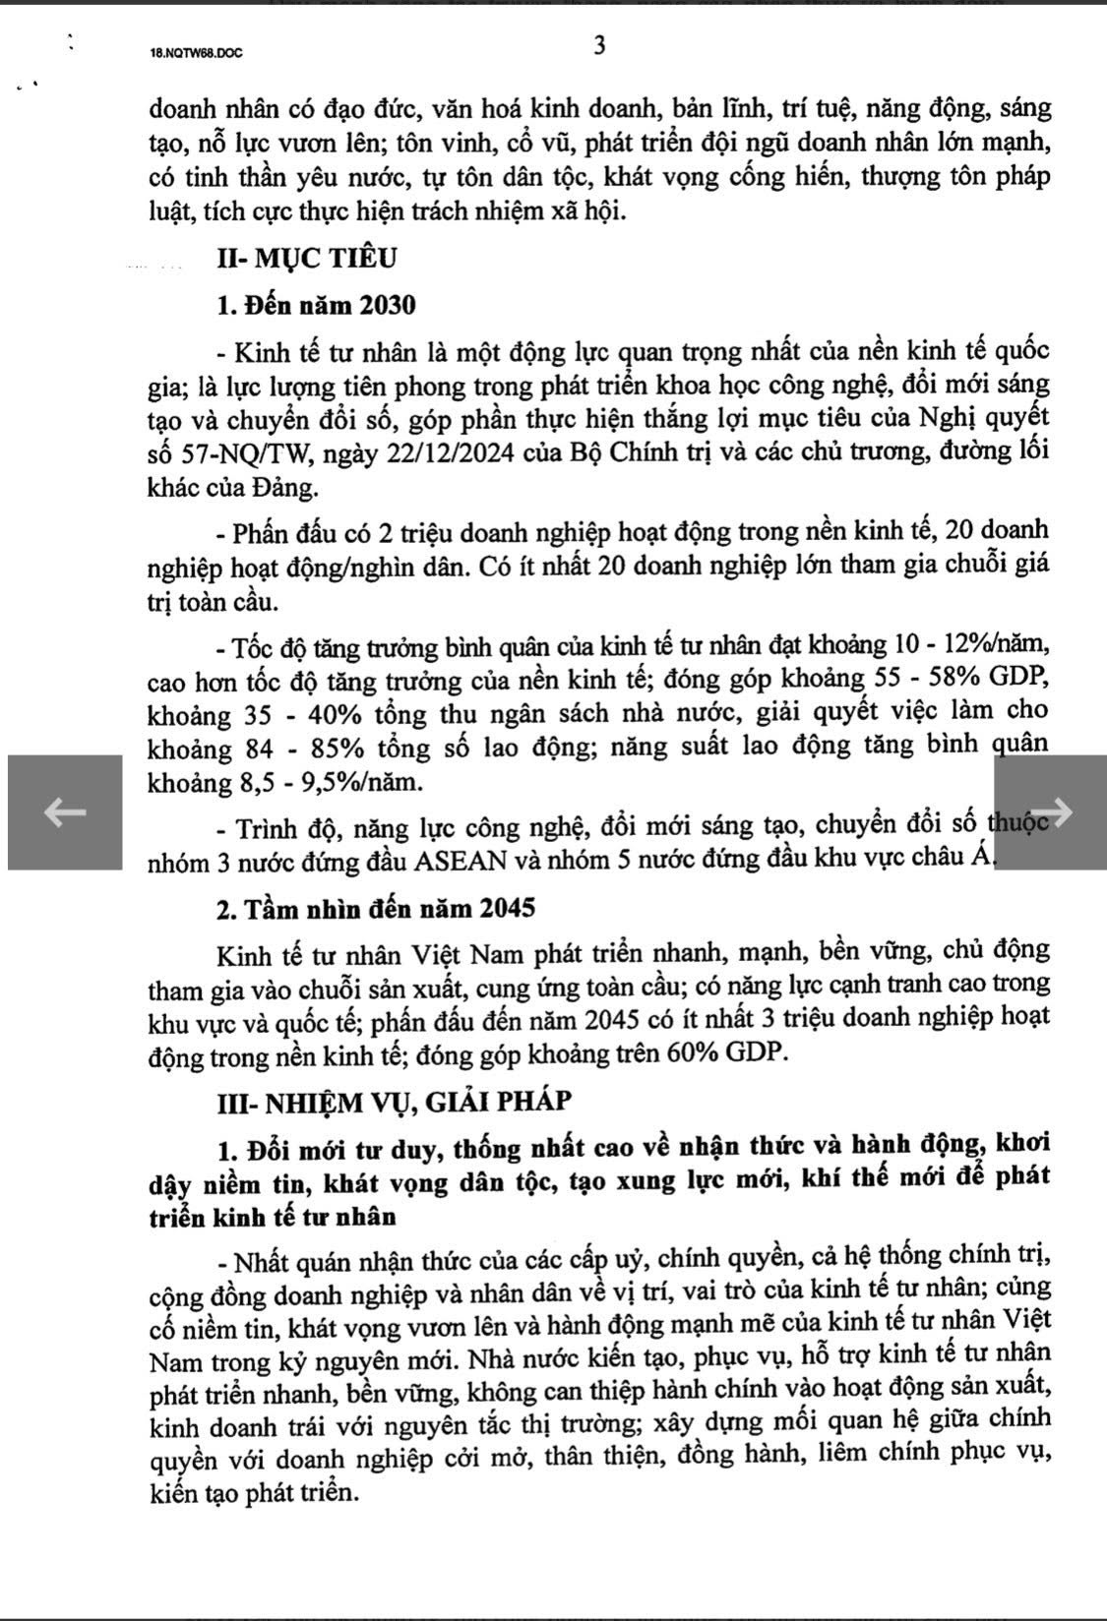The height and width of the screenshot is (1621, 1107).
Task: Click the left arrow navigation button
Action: [x=65, y=811]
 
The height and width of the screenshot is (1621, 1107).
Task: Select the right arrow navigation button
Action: [x=1049, y=811]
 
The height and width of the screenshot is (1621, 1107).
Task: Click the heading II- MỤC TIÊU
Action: [x=307, y=259]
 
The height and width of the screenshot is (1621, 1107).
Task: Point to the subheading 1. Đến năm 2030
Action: [x=316, y=305]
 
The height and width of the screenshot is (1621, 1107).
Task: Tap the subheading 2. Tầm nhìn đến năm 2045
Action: [x=376, y=907]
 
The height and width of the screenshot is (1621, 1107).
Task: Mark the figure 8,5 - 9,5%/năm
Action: [x=330, y=783]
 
